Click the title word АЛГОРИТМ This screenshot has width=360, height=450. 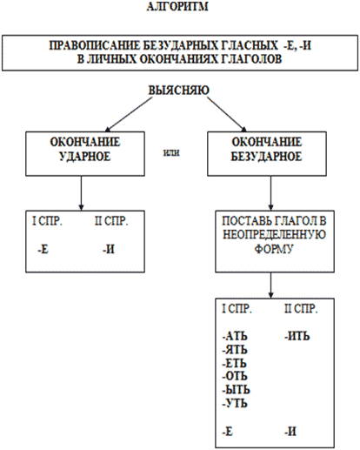pyautogui.click(x=177, y=6)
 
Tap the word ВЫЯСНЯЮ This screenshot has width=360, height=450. pyautogui.click(x=178, y=90)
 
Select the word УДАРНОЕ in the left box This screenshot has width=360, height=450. pyautogui.click(x=85, y=157)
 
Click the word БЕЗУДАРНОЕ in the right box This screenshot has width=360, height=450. pyautogui.click(x=266, y=157)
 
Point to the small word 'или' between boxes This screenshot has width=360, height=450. pyautogui.click(x=171, y=152)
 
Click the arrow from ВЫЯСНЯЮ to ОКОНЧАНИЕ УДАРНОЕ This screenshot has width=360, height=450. pyautogui.click(x=129, y=114)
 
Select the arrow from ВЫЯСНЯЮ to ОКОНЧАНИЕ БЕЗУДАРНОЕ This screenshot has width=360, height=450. pyautogui.click(x=227, y=114)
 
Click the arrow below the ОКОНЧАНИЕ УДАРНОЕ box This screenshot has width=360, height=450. pyautogui.click(x=81, y=193)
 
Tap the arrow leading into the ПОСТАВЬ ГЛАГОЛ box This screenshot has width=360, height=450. pyautogui.click(x=270, y=193)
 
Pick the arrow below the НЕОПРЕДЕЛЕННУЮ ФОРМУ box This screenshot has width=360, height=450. pyautogui.click(x=270, y=285)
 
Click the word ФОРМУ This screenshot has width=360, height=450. pyautogui.click(x=274, y=249)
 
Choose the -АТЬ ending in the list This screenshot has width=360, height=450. pyautogui.click(x=235, y=336)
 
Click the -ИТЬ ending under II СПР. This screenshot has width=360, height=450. pyautogui.click(x=297, y=336)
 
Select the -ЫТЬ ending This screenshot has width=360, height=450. pyautogui.click(x=236, y=390)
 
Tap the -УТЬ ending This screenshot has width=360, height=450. pyautogui.click(x=235, y=403)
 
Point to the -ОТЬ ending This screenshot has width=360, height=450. pyautogui.click(x=235, y=376)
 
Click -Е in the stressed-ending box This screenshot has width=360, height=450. pyautogui.click(x=43, y=249)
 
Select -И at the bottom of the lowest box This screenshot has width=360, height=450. pyautogui.click(x=290, y=432)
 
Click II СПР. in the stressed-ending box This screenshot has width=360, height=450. pyautogui.click(x=111, y=221)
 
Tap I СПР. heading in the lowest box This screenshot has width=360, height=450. pyautogui.click(x=237, y=309)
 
